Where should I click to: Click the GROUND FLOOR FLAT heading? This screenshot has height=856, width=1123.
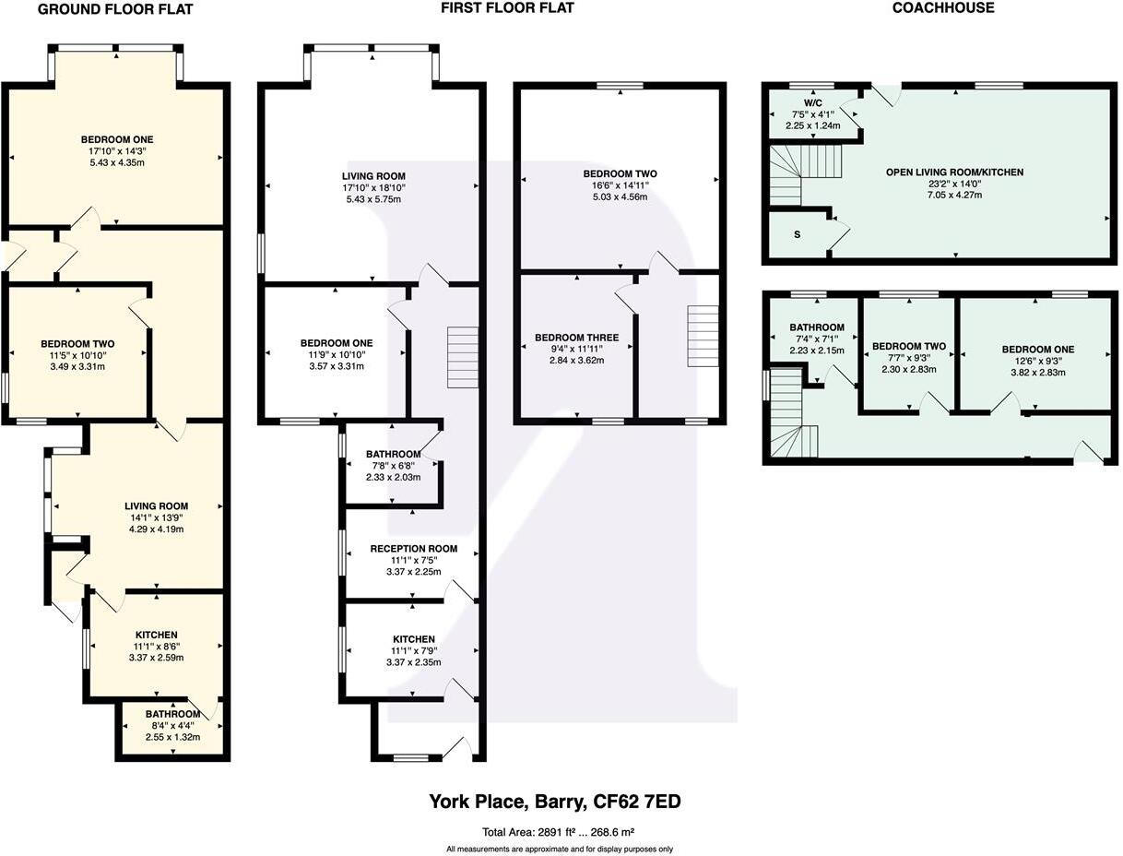115,10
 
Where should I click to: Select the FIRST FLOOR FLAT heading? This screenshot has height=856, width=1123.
507,7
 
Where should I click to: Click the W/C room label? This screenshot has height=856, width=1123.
812,102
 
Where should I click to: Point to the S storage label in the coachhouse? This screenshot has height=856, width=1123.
797,235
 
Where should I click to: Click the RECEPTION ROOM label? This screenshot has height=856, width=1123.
413,549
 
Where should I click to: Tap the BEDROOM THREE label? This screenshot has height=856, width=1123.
576,338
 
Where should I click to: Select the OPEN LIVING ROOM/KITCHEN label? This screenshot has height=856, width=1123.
954,172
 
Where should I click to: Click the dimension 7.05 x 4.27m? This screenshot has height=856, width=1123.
954,195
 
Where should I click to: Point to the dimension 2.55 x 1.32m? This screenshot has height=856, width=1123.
172,737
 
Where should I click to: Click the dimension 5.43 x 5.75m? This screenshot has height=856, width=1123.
373,199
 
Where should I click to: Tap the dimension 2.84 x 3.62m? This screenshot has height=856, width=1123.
576,361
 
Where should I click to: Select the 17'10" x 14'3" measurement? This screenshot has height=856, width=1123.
117,151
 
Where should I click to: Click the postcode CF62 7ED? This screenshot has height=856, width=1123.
636,802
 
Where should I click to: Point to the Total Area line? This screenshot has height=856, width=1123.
558,832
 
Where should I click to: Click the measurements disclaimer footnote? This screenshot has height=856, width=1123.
560,850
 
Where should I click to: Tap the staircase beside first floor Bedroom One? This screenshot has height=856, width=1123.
463,357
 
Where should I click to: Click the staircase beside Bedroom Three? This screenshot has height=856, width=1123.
703,336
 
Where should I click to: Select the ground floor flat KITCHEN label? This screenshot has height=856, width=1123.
156,635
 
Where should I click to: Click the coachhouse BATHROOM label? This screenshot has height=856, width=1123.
817,327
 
